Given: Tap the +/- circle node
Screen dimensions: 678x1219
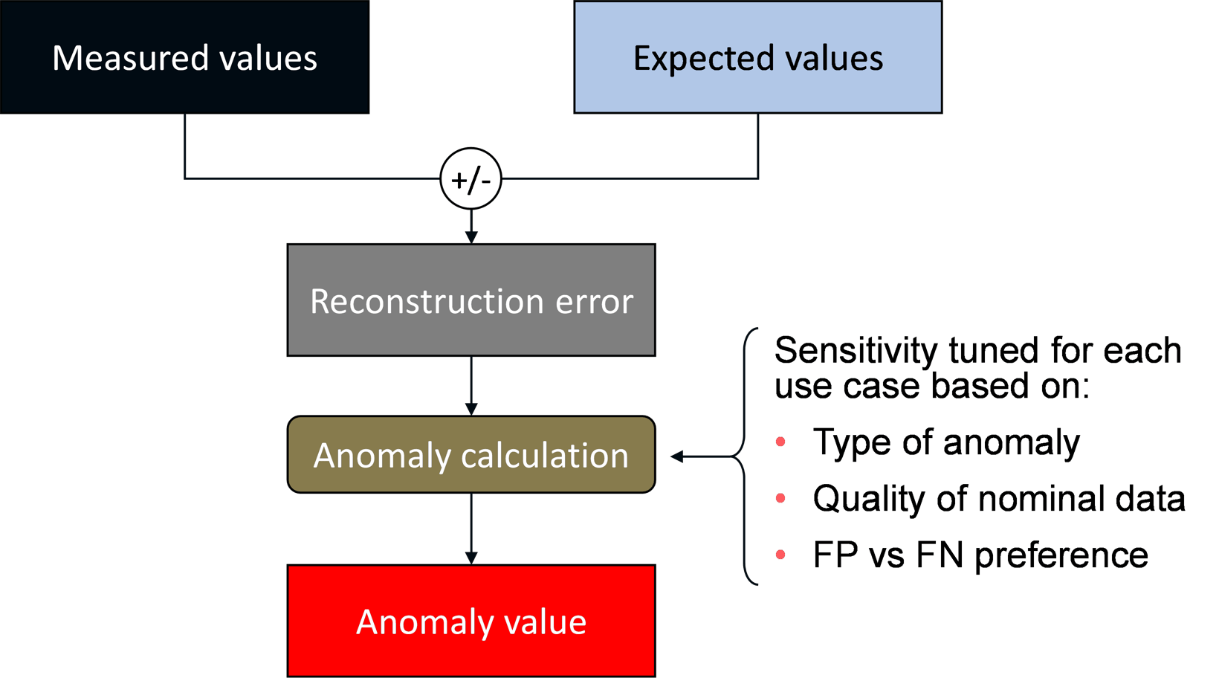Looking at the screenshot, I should click(x=471, y=179).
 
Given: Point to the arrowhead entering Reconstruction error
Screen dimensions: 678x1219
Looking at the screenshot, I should click(x=471, y=236).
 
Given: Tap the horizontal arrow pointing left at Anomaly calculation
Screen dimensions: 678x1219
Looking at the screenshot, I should click(x=699, y=456).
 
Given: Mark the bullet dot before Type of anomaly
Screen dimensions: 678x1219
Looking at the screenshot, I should click(x=780, y=442).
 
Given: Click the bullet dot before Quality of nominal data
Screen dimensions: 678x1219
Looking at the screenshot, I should click(x=780, y=498).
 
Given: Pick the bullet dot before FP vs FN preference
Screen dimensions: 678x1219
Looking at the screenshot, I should click(x=780, y=555).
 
